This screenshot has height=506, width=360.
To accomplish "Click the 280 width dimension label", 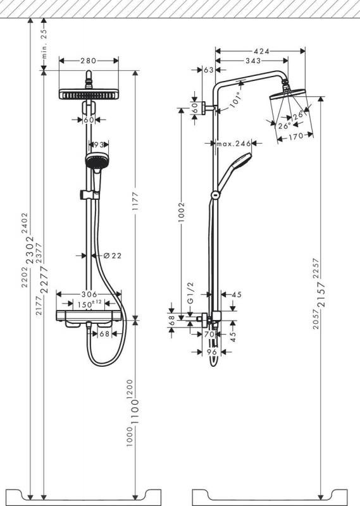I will point(89,61).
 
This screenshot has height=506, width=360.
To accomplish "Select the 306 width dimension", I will point(89,294).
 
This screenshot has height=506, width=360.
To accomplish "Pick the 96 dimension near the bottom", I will point(213,352).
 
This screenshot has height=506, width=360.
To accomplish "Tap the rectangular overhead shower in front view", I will point(89,94).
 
